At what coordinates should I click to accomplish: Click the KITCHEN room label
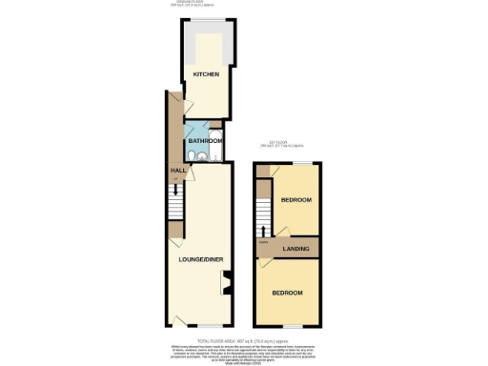pyautogui.click(x=207, y=74)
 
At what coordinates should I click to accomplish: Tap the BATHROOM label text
pyautogui.click(x=205, y=141)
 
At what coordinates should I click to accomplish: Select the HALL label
pyautogui.click(x=177, y=171)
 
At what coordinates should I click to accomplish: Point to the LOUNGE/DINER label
pyautogui.click(x=201, y=258)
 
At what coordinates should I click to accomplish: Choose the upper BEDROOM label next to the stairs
pyautogui.click(x=296, y=200)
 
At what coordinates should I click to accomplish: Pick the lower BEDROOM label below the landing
pyautogui.click(x=287, y=294)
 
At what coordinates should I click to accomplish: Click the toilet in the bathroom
pyautogui.click(x=193, y=156)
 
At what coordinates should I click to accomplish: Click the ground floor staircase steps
pyautogui.click(x=175, y=202)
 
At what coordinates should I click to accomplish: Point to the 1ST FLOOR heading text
pyautogui.click(x=280, y=142)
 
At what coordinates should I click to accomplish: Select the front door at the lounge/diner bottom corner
pyautogui.click(x=178, y=320)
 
